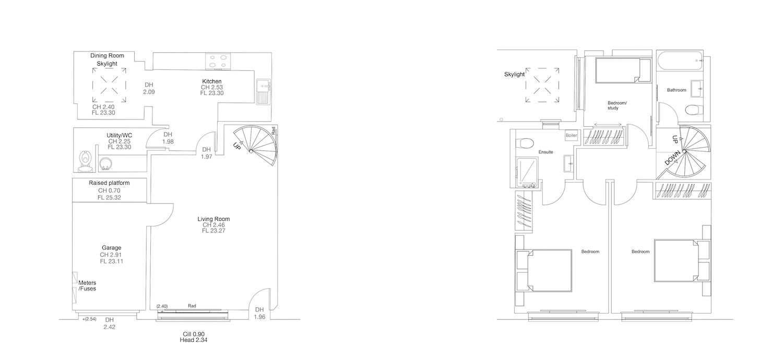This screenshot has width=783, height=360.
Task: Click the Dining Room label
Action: coord(107,56)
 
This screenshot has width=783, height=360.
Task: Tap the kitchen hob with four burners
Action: coord(218,61)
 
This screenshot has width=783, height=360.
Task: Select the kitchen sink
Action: coord(263,92)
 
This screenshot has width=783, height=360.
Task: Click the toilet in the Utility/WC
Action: coord(85,161)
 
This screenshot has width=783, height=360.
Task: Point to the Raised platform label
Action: coord(109,183)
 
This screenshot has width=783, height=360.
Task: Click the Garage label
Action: coord(112,248)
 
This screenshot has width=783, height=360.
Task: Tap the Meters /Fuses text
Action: coord(87,285)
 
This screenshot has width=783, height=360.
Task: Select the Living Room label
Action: coord(213,219)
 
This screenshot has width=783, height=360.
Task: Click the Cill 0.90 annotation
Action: coord(194,334)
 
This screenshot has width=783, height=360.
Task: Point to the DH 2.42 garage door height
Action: coord(110,323)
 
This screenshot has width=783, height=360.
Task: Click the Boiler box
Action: coord(571,135)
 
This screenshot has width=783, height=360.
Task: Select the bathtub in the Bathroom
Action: coord(680,61)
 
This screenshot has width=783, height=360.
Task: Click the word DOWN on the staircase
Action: coord(672,158)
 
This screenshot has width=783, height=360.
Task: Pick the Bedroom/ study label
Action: coord(617,105)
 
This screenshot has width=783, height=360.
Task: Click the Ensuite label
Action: coord(545,152)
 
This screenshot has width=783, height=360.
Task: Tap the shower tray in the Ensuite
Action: coord(527,172)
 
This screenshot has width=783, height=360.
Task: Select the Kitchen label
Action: coord(212,81)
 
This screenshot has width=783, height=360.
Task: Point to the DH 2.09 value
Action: coord(149,88)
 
